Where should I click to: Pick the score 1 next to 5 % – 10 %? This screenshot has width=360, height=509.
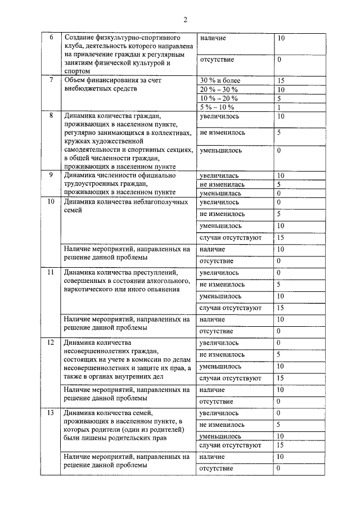(x=278, y=107)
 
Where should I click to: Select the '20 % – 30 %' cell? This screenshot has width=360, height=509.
(x=219, y=89)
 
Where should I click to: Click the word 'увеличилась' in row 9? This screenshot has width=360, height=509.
(x=219, y=175)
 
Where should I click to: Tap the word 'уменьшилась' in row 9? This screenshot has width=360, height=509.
(x=220, y=193)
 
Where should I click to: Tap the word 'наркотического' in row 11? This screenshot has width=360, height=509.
(x=90, y=290)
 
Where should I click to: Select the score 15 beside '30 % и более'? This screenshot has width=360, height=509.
(x=281, y=80)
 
